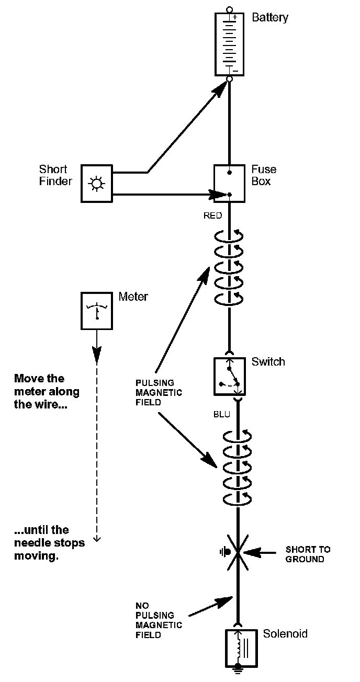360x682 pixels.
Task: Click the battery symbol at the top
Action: [230, 44]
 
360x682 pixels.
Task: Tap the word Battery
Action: [270, 18]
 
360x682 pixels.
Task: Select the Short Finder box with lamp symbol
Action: [97, 183]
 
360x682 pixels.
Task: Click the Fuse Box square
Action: [230, 183]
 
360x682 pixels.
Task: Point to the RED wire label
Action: [212, 215]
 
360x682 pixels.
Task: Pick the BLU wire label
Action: [221, 414]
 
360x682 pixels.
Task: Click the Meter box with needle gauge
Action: [97, 311]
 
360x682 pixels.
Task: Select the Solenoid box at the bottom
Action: [241, 648]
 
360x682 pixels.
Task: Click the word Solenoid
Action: [285, 634]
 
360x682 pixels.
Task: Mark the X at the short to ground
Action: [237, 552]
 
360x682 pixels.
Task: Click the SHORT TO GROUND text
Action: [308, 554]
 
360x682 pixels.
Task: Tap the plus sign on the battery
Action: [235, 17]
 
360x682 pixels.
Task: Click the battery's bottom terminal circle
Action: [229, 79]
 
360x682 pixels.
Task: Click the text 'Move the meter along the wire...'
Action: [47, 391]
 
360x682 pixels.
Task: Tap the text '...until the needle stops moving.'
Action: [49, 543]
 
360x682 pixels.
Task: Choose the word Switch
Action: [268, 361]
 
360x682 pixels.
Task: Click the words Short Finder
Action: [54, 175]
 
